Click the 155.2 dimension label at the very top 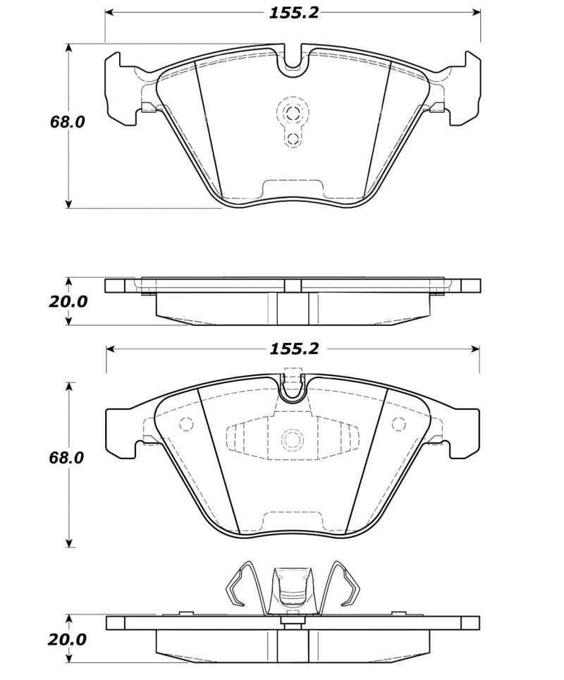click(x=293, y=13)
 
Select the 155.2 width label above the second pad click(x=293, y=348)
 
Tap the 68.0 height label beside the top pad click(x=67, y=121)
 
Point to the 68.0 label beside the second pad click(x=67, y=457)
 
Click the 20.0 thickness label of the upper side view click(x=68, y=301)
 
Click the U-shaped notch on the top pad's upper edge click(x=293, y=61)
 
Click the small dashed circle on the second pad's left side click(x=187, y=425)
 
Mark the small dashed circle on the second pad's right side click(x=398, y=424)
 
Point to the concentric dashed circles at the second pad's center click(x=292, y=439)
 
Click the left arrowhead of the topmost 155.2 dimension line click(x=110, y=13)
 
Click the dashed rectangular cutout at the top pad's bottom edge click(x=292, y=189)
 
